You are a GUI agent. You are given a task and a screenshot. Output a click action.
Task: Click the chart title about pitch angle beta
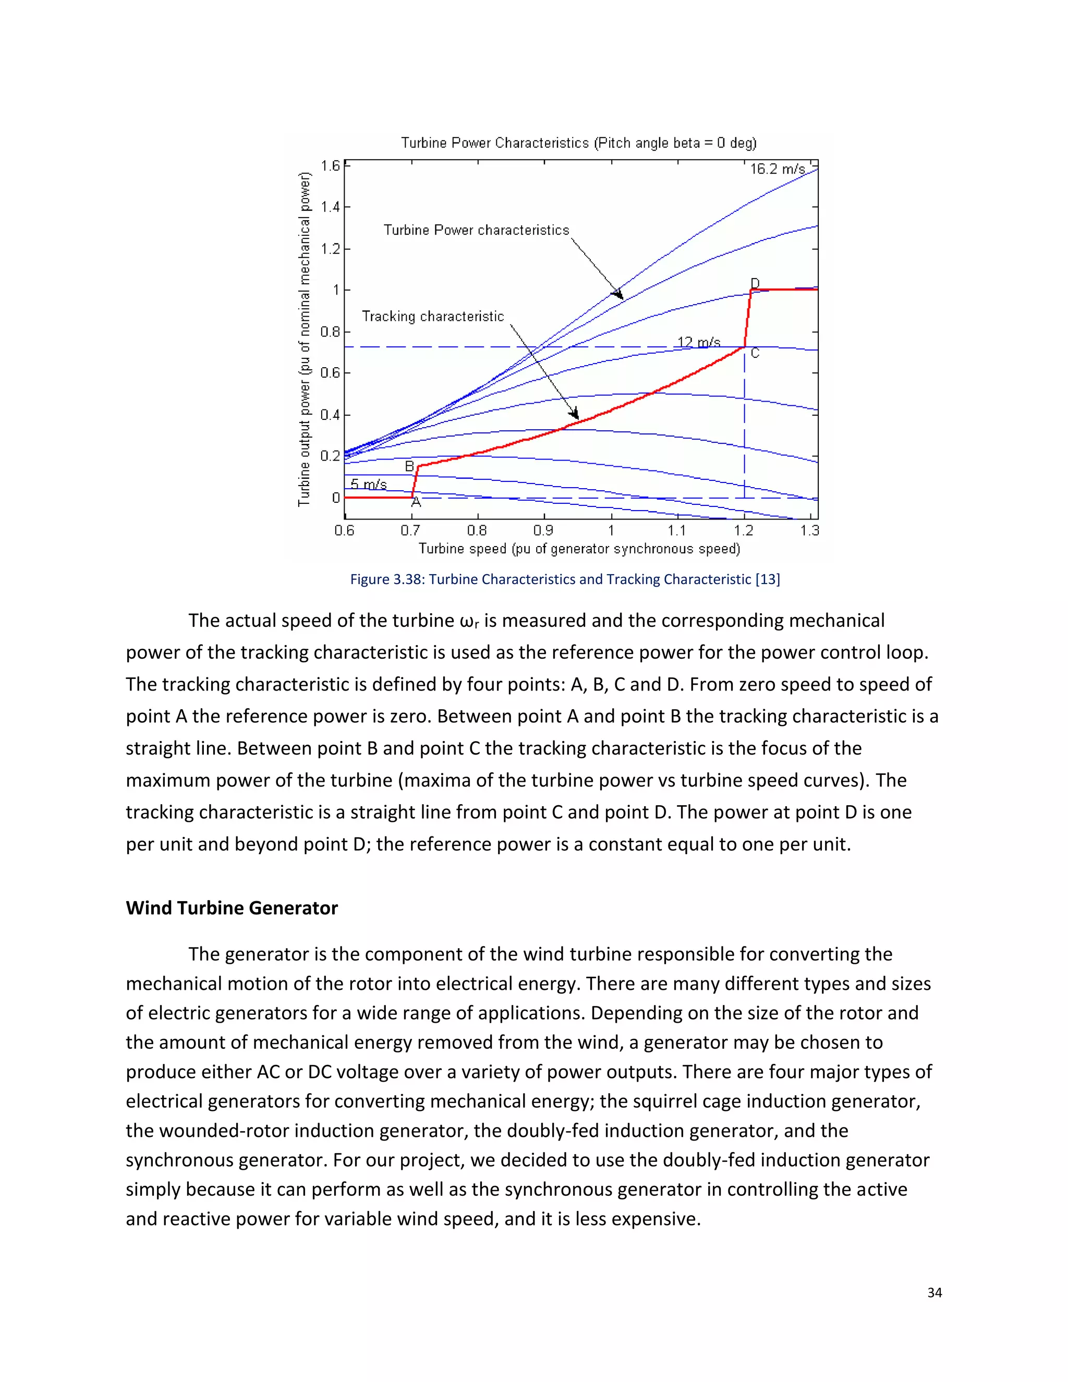[x=578, y=143]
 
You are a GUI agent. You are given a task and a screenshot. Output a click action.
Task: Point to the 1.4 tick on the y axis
[x=330, y=207]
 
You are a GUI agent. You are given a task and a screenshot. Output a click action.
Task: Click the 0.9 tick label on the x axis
[x=543, y=530]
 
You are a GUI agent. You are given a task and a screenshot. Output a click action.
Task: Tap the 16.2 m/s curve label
[x=778, y=169]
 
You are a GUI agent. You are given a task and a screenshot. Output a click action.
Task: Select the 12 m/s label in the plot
[x=698, y=342]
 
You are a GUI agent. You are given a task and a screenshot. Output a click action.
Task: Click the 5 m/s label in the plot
[x=369, y=484]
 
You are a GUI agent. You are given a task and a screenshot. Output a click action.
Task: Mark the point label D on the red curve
[x=755, y=282]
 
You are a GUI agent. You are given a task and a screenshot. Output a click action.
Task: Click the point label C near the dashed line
[x=755, y=353]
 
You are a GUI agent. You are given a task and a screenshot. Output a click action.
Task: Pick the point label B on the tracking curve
[x=409, y=466]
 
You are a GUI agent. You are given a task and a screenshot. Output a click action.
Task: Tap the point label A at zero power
[x=416, y=502]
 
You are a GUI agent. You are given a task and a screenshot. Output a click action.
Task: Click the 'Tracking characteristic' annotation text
[x=433, y=317]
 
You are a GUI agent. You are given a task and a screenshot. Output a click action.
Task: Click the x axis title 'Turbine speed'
[x=579, y=549]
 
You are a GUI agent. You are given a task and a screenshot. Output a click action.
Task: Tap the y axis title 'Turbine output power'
[x=305, y=338]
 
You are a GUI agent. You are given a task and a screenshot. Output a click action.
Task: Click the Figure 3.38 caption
[x=565, y=579]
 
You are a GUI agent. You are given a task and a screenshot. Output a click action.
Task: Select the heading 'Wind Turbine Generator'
[x=232, y=908]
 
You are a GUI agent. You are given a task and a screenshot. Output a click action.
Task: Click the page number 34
[x=934, y=1293]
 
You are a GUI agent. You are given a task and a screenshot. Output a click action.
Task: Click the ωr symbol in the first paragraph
[x=469, y=622]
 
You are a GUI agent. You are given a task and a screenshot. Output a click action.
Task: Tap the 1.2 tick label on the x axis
[x=744, y=530]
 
